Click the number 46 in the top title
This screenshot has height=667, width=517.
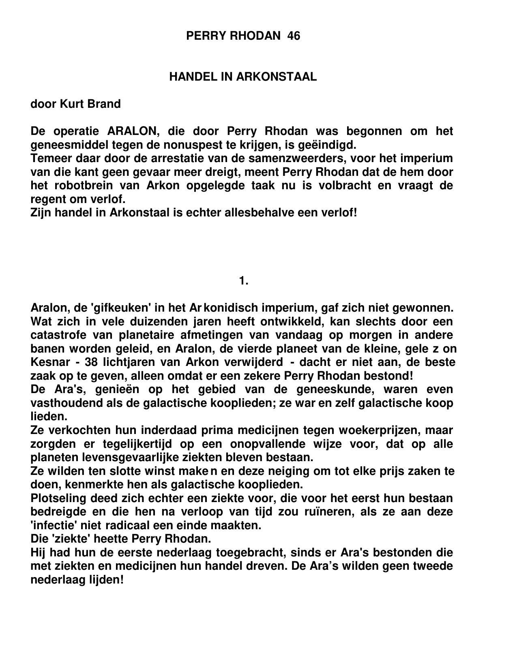294,36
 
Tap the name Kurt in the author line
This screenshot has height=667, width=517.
72,104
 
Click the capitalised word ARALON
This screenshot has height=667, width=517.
132,131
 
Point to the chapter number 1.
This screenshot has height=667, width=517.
243,280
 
